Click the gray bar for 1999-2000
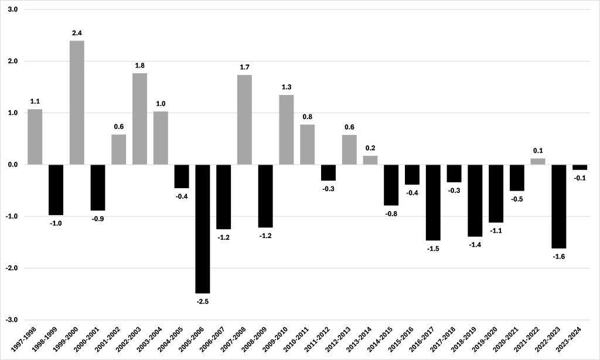(x=77, y=103)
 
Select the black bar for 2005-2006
(x=203, y=229)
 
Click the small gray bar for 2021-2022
(x=538, y=162)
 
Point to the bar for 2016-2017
(x=433, y=202)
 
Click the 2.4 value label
(x=77, y=33)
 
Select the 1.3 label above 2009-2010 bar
(x=287, y=87)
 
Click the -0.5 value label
(x=517, y=199)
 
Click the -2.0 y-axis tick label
(x=11, y=268)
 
